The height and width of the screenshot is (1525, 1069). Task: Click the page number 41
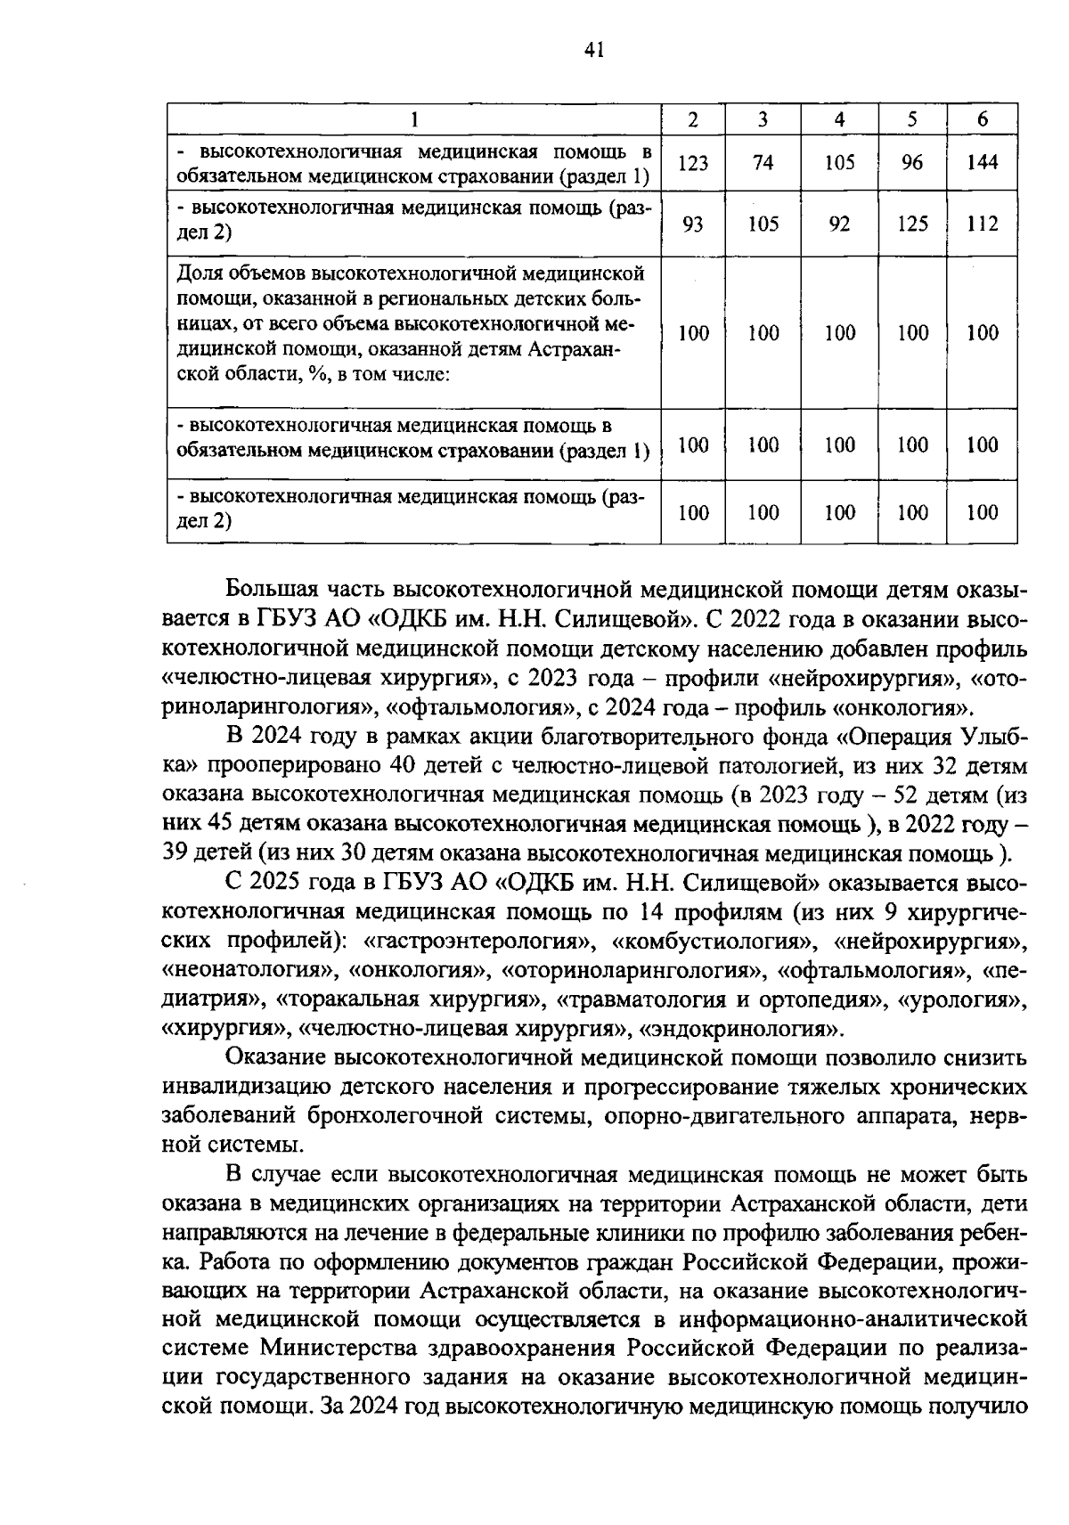[594, 50]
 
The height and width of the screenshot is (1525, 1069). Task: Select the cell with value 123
[693, 163]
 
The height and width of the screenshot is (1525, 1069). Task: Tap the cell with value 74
[763, 163]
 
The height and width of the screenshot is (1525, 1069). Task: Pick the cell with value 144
[982, 163]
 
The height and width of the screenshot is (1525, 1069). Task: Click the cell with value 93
[693, 224]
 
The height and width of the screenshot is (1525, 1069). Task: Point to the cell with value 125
[912, 224]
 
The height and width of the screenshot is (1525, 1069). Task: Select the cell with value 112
[982, 224]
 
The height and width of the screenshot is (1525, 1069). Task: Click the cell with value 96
[912, 163]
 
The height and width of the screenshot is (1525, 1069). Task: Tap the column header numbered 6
[982, 120]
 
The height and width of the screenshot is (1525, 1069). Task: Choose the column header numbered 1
[414, 120]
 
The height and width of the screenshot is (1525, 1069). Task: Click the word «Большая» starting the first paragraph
[269, 590]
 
